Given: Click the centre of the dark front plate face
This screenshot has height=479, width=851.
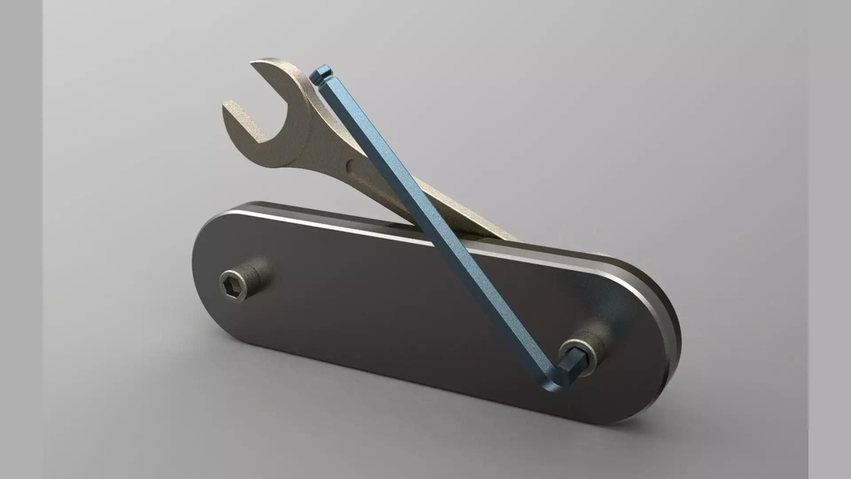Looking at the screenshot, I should (x=399, y=310).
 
